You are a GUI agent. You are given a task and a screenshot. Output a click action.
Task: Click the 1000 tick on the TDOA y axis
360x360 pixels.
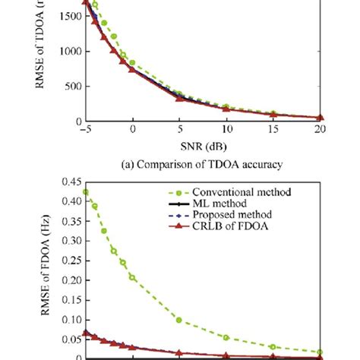coord(66,52)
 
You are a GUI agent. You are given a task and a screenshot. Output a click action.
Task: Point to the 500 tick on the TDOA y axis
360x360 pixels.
coord(70,87)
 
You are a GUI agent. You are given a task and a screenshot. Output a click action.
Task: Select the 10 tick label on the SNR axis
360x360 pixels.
coord(226,130)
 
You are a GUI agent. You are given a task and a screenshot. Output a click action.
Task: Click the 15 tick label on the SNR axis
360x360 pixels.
coord(273,130)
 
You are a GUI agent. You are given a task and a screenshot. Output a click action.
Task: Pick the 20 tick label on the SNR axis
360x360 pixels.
coord(320,130)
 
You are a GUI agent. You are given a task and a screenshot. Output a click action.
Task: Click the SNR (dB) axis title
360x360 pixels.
coord(202,144)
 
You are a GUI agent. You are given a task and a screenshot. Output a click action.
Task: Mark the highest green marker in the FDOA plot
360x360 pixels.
coord(86,192)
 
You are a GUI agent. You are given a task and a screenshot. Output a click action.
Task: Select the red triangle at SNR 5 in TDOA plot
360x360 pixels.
coord(179,97)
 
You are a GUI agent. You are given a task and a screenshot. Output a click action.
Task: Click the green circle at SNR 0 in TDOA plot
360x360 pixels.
coord(132,63)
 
